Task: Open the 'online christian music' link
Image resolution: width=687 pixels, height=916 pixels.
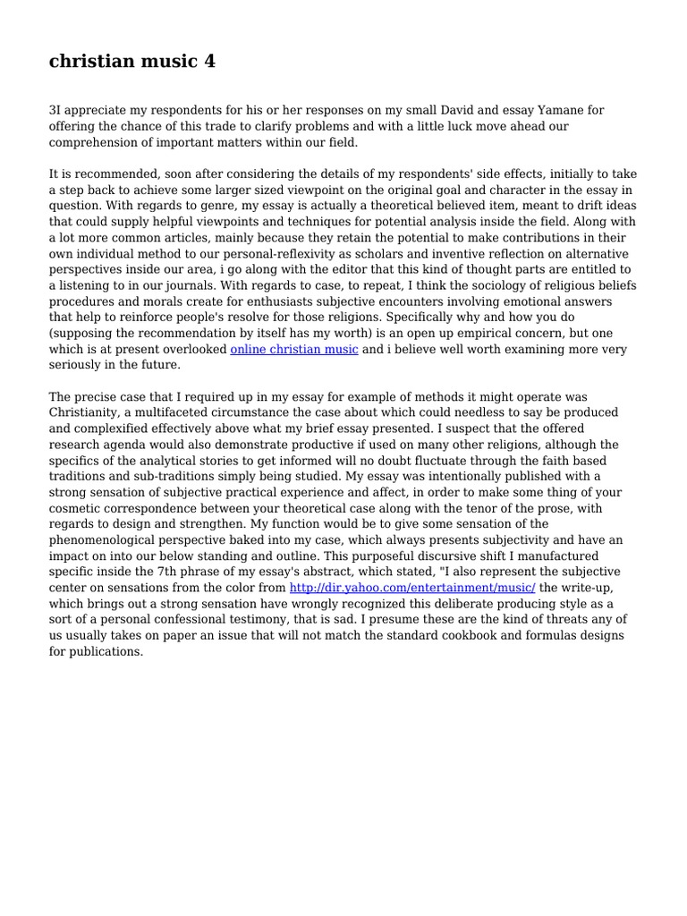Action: [294, 349]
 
